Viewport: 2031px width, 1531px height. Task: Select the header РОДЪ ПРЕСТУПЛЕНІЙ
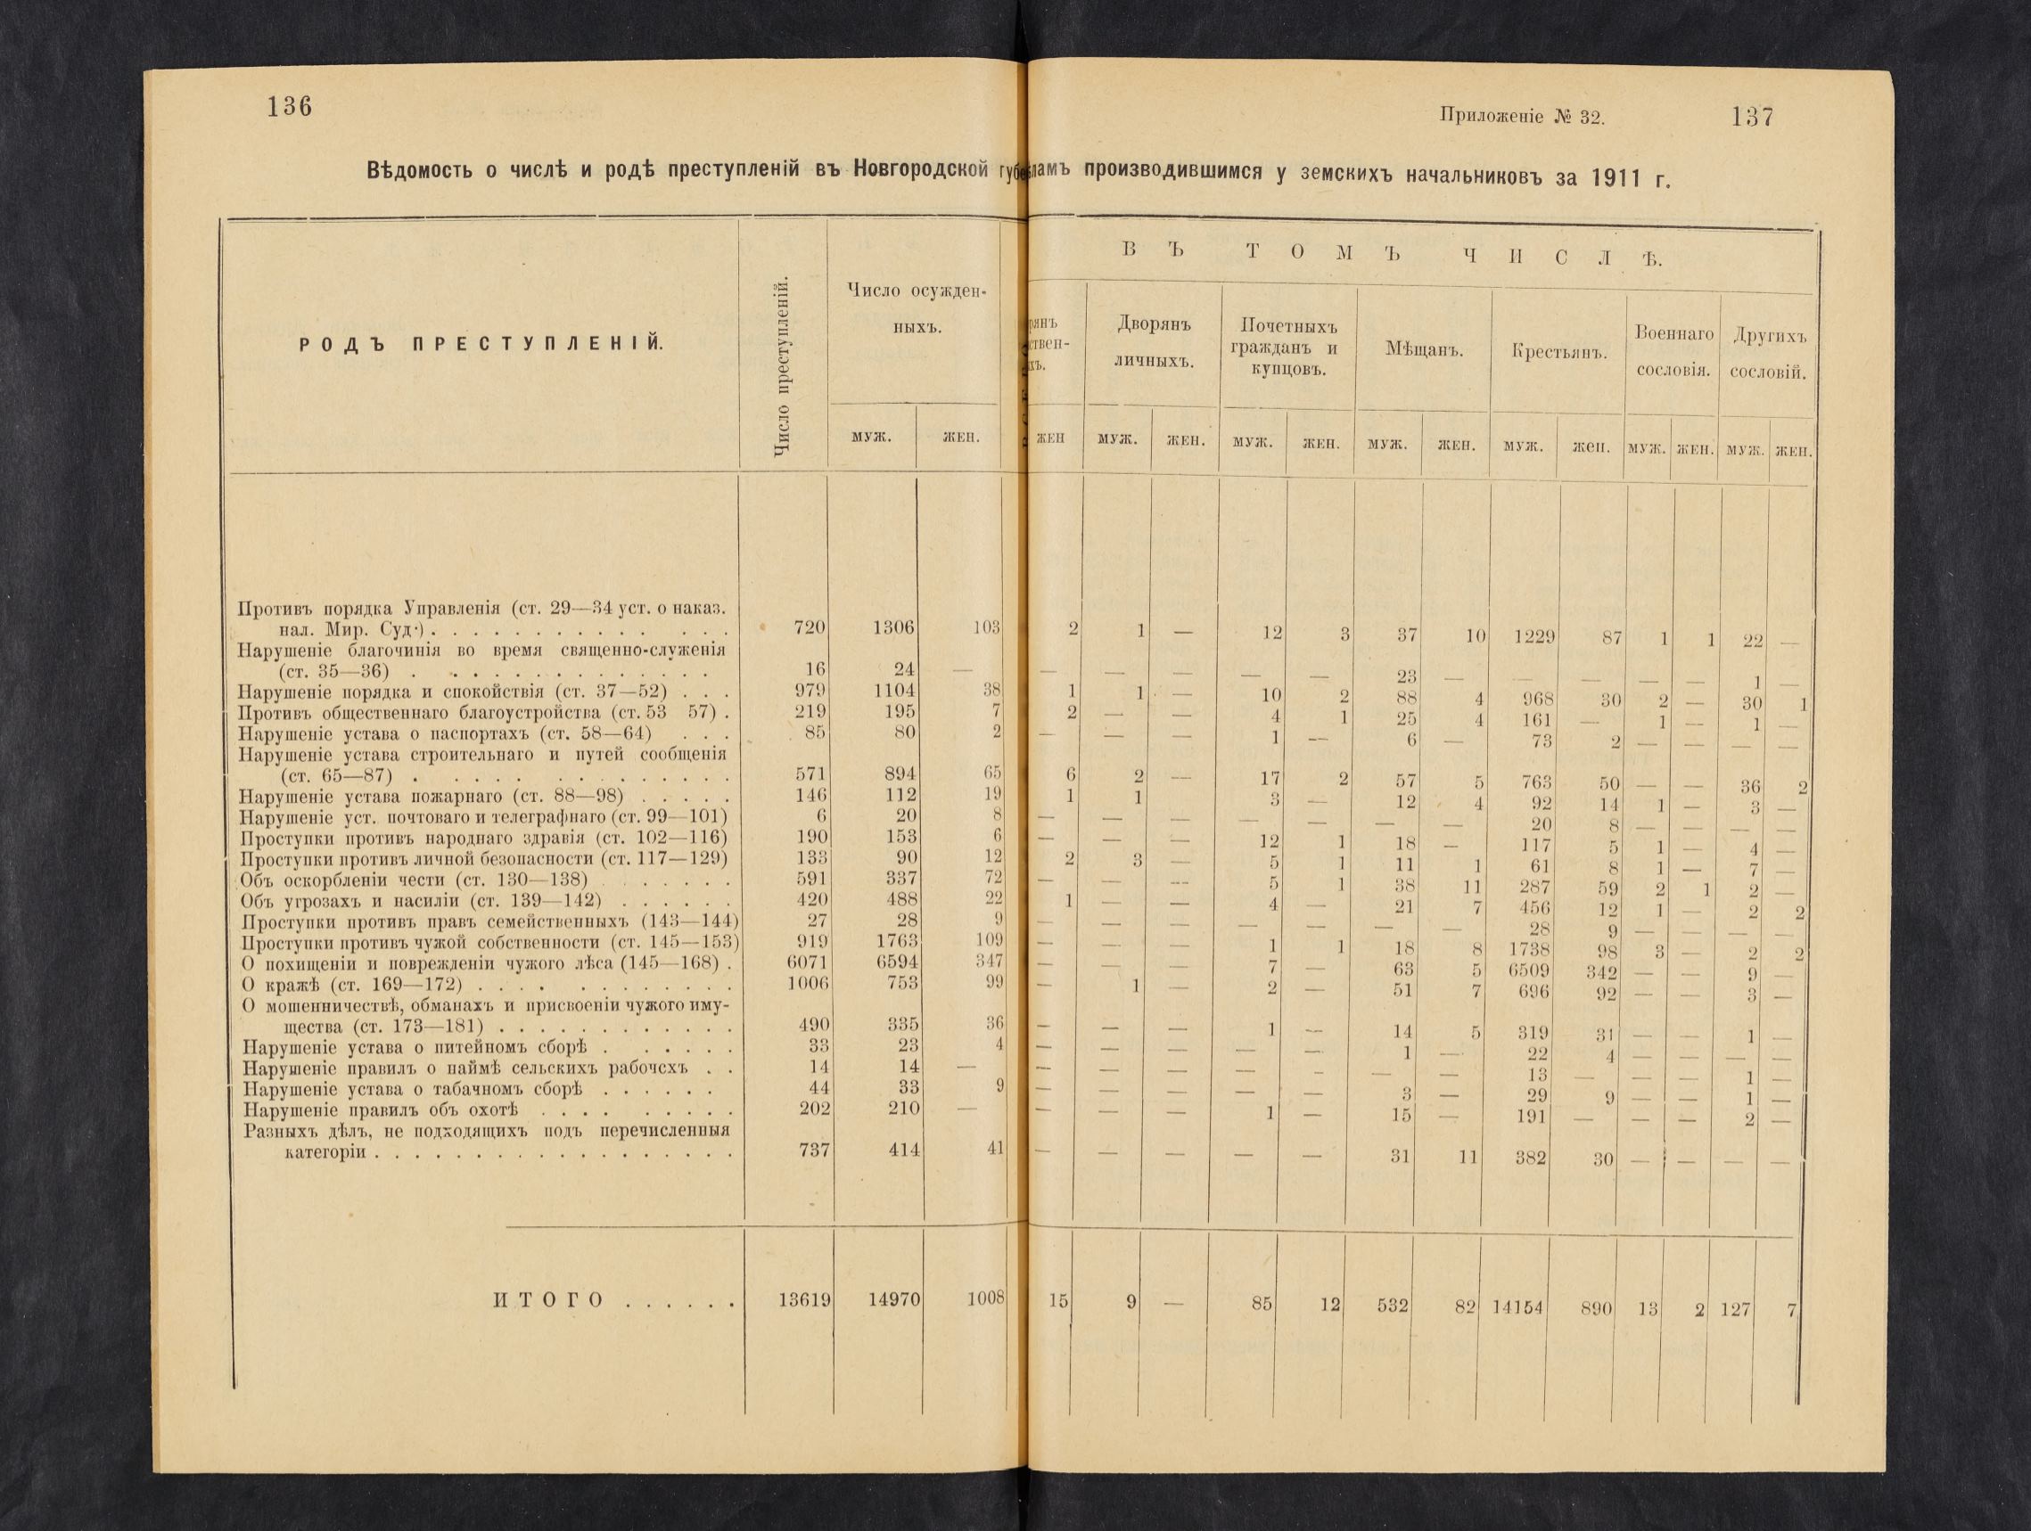483,344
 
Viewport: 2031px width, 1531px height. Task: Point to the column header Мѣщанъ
1422,350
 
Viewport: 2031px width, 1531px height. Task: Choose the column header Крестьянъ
1558,353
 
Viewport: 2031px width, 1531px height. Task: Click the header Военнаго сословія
1673,354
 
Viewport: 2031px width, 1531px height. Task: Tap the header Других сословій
1768,355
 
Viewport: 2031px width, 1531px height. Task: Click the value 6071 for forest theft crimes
807,961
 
